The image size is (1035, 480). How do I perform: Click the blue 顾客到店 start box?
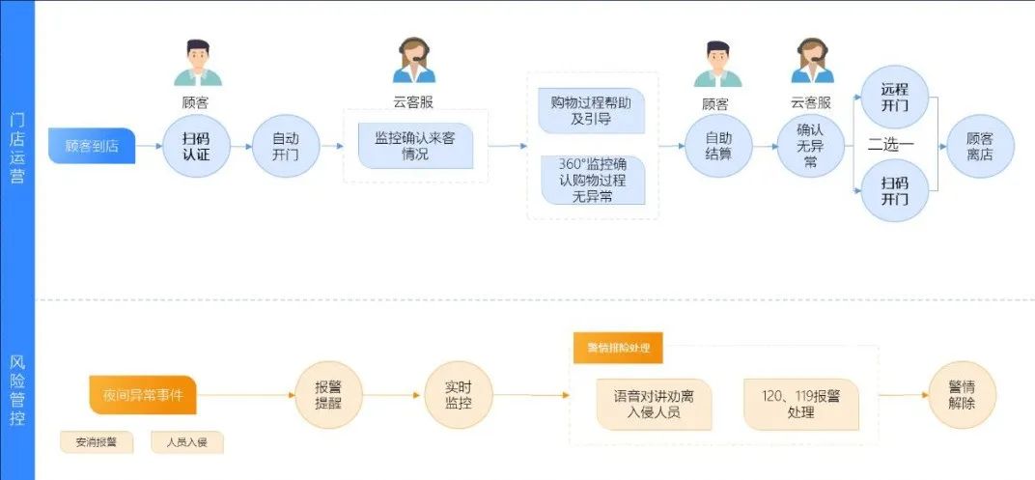point(92,146)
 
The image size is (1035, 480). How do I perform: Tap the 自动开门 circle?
point(285,146)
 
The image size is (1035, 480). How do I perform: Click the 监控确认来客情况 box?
point(415,146)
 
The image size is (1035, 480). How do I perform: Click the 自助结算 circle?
point(717,146)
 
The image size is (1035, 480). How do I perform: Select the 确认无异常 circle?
point(811,146)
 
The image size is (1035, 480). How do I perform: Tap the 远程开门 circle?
point(894,97)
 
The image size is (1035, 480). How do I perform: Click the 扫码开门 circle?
point(894,191)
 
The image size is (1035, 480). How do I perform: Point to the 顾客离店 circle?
point(979,146)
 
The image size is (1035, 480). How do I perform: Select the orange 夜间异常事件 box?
point(143,394)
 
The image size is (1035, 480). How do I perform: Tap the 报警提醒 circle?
point(328,394)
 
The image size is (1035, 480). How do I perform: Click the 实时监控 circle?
point(458,394)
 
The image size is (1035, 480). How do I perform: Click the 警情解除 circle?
point(962,394)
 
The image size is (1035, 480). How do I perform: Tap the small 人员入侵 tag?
point(187,443)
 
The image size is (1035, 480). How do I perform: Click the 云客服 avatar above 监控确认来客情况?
point(414,61)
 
